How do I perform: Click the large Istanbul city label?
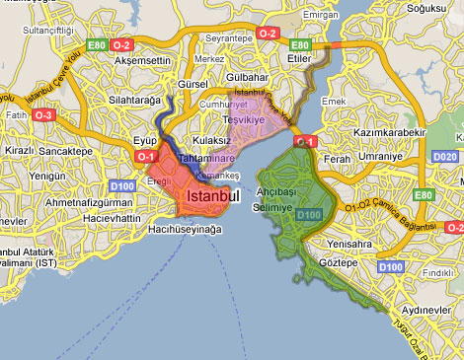click(212, 197)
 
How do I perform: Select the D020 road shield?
click(445, 156)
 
